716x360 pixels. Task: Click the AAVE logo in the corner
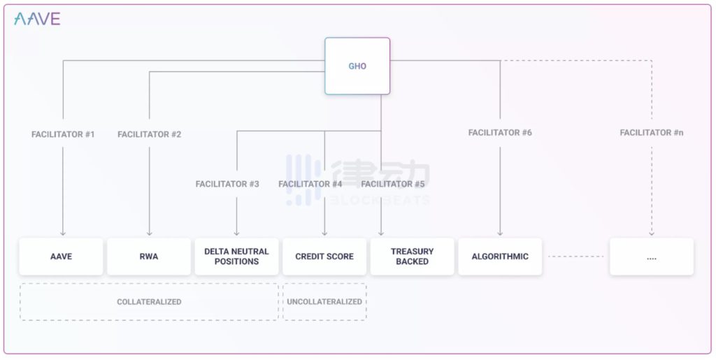[x=37, y=19]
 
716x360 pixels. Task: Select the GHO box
[x=357, y=66]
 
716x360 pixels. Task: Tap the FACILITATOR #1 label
[x=63, y=135]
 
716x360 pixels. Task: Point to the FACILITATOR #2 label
[x=150, y=135]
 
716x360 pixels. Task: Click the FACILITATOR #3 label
[x=227, y=184]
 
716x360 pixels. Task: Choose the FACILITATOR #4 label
[x=310, y=184]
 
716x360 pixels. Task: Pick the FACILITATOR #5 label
[x=393, y=184]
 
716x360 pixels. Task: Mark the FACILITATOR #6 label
[x=500, y=133]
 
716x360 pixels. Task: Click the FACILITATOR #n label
[x=652, y=133]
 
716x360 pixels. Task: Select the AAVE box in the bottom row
[x=62, y=257]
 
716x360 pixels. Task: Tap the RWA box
[x=149, y=257]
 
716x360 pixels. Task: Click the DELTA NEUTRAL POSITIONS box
[x=236, y=257]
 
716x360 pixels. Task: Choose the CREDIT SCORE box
[x=324, y=257]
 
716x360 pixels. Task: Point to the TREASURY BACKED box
[x=413, y=257]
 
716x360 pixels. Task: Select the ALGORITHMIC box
[x=500, y=257]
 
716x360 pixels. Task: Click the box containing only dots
[x=652, y=257]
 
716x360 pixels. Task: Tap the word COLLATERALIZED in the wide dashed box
[x=149, y=302]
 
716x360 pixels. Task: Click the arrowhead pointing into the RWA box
[x=150, y=233]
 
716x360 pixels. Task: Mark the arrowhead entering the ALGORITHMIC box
[x=500, y=233]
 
